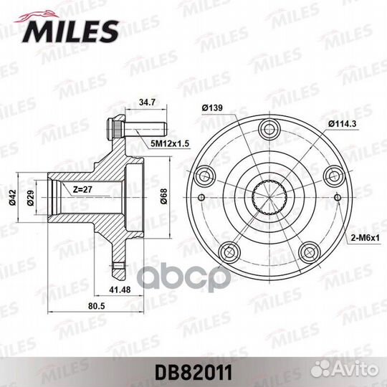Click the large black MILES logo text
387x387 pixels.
point(70,32)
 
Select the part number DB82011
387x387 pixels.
point(193,373)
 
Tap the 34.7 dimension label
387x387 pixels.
point(147,102)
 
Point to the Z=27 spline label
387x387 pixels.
point(82,189)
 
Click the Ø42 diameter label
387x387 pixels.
point(12,198)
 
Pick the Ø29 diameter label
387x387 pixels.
point(30,198)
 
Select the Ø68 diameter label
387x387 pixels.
point(163,196)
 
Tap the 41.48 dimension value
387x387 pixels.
point(120,290)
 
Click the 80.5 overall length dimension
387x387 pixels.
point(97,306)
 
